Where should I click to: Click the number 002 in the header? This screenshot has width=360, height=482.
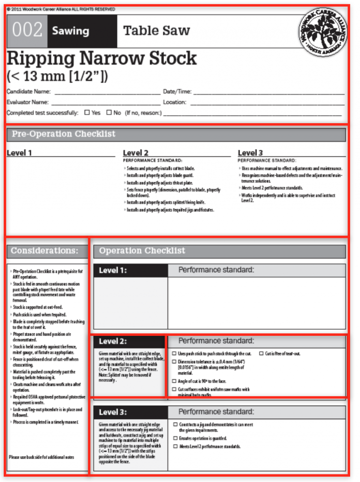tap(27, 31)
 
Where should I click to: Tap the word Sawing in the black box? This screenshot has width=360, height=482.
tap(70, 31)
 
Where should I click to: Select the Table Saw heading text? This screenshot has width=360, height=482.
tap(157, 31)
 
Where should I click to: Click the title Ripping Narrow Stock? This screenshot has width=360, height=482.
tap(102, 59)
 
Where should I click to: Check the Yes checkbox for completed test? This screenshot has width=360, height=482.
tap(87, 112)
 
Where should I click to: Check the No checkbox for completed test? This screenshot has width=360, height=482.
tap(109, 112)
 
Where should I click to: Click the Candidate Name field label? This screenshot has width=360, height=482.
tap(28, 92)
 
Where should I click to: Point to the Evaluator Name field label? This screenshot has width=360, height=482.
tap(27, 102)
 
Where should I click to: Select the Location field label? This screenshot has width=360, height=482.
tap(174, 102)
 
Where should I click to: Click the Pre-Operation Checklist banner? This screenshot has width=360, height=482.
tap(176, 134)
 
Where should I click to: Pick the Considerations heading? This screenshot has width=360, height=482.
tap(45, 251)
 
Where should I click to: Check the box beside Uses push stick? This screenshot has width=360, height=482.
tap(174, 354)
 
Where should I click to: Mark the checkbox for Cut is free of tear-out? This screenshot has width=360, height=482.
tap(261, 354)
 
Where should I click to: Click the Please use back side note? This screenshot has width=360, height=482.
tap(41, 457)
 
